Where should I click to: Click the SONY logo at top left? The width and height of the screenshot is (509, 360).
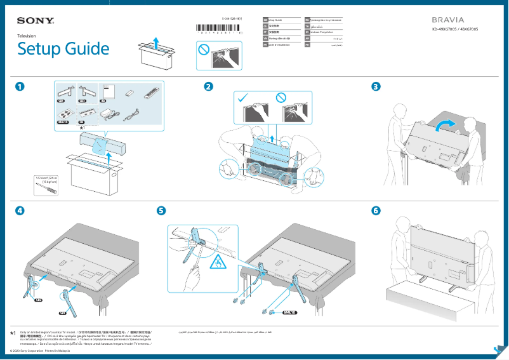(35, 21)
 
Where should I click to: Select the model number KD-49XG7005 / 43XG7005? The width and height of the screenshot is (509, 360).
(454, 29)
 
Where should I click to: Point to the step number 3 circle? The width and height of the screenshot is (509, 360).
(376, 86)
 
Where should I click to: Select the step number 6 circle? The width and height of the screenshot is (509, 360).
(376, 210)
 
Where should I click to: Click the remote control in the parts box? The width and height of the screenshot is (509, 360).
(151, 94)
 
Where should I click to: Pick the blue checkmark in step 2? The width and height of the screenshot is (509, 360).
(242, 97)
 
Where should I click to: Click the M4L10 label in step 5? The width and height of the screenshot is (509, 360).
(290, 312)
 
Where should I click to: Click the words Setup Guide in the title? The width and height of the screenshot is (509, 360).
(63, 49)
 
